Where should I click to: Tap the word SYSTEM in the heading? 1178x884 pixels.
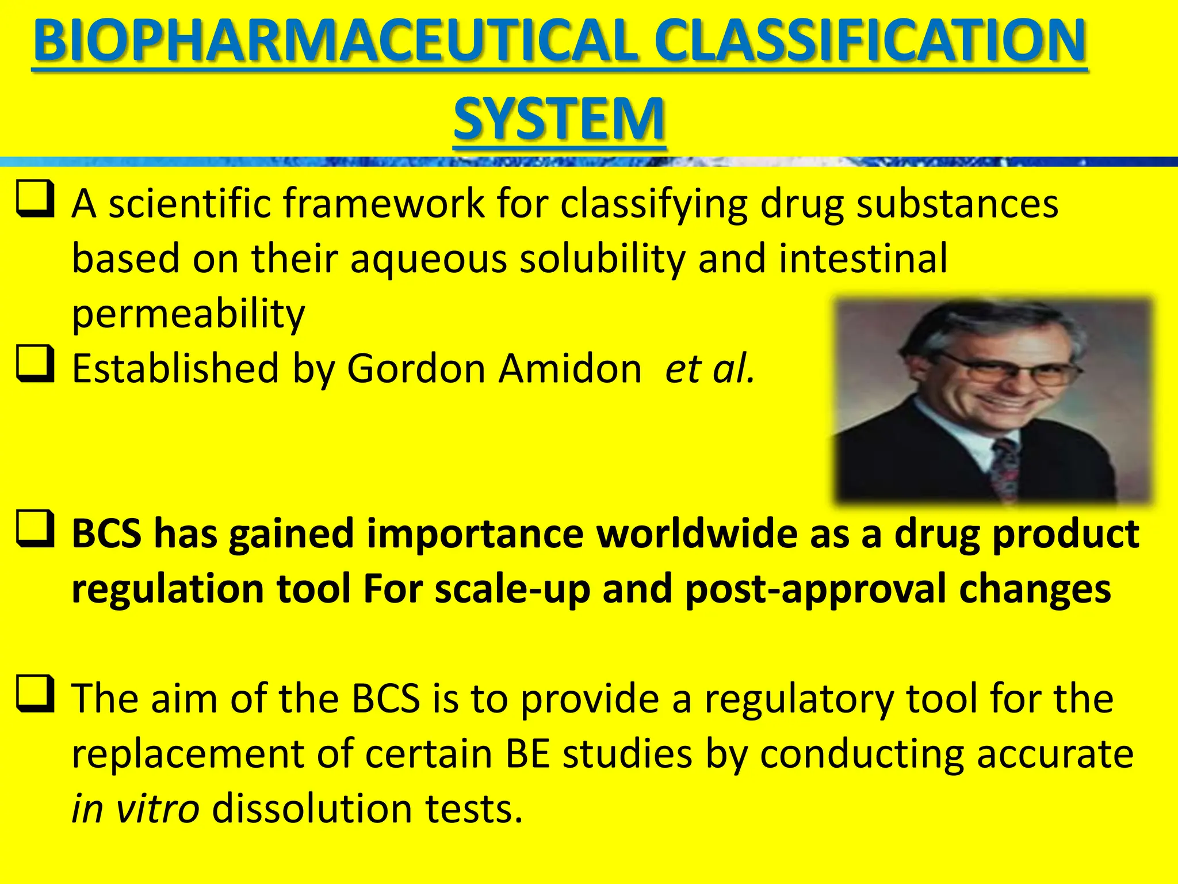(x=559, y=119)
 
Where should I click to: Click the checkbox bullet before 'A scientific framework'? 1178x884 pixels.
(x=36, y=199)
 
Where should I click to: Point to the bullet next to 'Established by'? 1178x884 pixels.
(x=36, y=364)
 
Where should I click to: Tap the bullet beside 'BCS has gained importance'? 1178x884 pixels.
(x=36, y=528)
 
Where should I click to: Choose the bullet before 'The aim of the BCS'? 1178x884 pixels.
(x=36, y=694)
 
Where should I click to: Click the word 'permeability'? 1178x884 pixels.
(x=188, y=314)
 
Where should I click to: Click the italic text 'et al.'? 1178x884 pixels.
(x=709, y=368)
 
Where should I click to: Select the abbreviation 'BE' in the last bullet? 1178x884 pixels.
(x=527, y=754)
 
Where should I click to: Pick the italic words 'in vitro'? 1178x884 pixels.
(x=135, y=809)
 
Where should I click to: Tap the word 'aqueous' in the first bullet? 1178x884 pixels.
(x=429, y=259)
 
